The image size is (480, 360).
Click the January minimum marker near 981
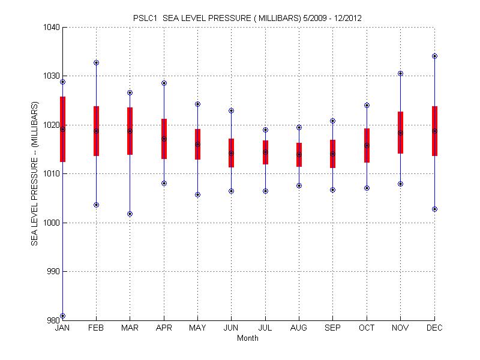[62, 316]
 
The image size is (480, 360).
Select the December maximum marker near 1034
[434, 56]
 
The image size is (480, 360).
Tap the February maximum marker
[96, 62]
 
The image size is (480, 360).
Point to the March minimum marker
[130, 214]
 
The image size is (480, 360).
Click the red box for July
[265, 152]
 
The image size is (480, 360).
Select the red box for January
[62, 129]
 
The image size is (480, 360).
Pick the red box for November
[400, 133]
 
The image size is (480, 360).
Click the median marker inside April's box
[164, 139]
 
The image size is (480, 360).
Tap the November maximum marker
[400, 73]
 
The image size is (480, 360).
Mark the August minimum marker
[299, 185]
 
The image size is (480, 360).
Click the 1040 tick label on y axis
[52, 27]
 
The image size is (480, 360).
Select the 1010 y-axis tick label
[52, 174]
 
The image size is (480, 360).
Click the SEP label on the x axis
[332, 328]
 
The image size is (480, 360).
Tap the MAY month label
[197, 328]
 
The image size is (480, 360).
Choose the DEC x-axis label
[434, 328]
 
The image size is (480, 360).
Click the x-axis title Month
[248, 338]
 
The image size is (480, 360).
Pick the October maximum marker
[367, 105]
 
